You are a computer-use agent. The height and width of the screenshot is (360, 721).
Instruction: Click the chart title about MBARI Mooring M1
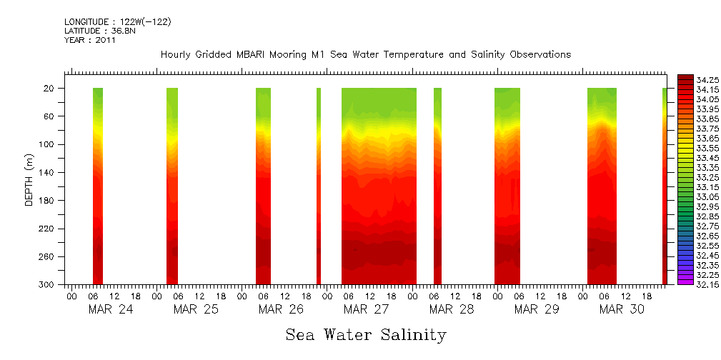click(365, 54)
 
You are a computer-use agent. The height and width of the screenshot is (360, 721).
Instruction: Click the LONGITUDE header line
click(117, 22)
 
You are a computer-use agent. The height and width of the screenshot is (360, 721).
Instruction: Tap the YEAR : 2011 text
click(89, 40)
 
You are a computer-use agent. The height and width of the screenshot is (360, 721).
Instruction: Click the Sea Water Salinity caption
click(366, 334)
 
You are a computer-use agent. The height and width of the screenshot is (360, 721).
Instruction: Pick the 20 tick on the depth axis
click(49, 88)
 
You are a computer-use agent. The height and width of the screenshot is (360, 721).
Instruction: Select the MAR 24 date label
click(110, 309)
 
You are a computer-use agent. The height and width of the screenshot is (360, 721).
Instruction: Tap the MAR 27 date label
click(366, 309)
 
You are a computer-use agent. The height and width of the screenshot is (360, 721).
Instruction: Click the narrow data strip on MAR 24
click(98, 186)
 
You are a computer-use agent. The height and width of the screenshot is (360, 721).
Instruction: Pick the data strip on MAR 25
click(172, 186)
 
